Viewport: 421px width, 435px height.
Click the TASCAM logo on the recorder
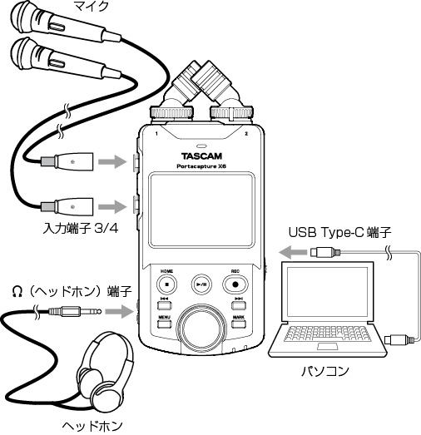click(201, 156)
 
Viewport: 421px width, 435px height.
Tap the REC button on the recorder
click(235, 284)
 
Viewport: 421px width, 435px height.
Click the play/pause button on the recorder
click(201, 284)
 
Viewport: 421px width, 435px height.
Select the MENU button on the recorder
click(165, 324)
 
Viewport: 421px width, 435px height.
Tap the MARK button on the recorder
click(239, 324)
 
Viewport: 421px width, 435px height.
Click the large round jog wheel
click(201, 327)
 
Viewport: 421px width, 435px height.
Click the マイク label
click(91, 6)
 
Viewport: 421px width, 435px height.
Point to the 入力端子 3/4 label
click(81, 229)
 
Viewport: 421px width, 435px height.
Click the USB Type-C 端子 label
click(340, 232)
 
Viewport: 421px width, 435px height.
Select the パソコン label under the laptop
click(325, 371)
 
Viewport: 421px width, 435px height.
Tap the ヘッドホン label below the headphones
click(92, 427)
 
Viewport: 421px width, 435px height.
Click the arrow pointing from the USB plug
click(293, 252)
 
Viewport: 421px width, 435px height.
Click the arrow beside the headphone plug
click(119, 311)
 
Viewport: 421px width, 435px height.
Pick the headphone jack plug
click(75, 311)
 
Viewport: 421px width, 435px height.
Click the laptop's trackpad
click(328, 346)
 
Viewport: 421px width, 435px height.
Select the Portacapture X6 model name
click(201, 166)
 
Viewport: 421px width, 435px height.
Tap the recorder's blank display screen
click(201, 210)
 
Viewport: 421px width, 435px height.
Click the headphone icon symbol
click(17, 292)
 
